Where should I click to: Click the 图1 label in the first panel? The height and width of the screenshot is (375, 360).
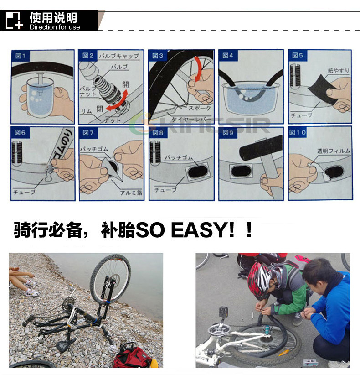[x=21, y=56]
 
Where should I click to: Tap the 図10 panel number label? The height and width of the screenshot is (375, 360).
[x=298, y=132]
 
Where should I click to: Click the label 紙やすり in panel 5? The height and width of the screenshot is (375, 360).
[x=338, y=71]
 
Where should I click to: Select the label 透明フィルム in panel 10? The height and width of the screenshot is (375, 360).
[x=334, y=151]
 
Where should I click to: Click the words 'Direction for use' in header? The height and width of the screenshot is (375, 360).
[x=55, y=27]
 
